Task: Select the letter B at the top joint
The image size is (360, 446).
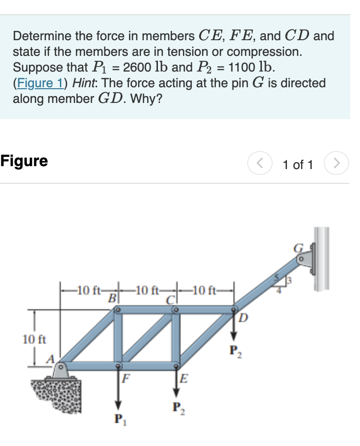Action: [112, 297]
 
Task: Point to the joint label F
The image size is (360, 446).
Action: [126, 378]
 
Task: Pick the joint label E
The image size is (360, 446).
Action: [183, 378]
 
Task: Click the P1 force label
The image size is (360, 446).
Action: [118, 420]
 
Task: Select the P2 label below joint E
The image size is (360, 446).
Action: [177, 408]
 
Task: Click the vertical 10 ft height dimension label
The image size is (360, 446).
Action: [33, 339]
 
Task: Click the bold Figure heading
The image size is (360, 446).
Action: [24, 161]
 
